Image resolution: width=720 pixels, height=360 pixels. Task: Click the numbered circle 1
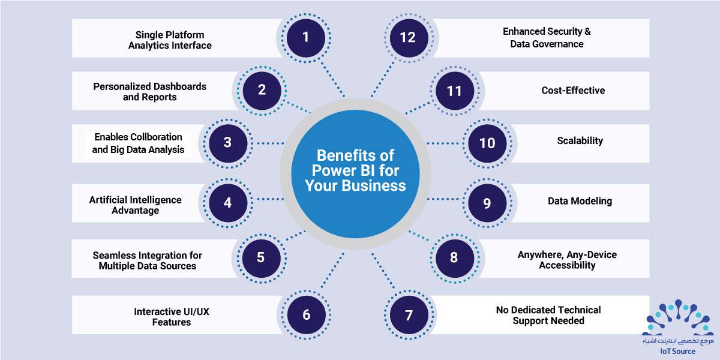pyautogui.click(x=305, y=38)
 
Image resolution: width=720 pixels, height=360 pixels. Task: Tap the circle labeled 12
pyautogui.click(x=409, y=38)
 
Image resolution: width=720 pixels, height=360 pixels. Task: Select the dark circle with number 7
pyautogui.click(x=409, y=315)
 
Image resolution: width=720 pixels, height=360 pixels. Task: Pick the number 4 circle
pyautogui.click(x=228, y=203)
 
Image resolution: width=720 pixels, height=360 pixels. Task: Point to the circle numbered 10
pyautogui.click(x=487, y=143)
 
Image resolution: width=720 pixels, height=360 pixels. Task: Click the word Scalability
pyautogui.click(x=580, y=141)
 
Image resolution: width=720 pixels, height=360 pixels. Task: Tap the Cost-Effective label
pyautogui.click(x=573, y=91)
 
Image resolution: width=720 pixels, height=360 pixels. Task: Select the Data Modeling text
pyautogui.click(x=580, y=201)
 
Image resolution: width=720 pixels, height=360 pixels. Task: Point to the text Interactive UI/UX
pyautogui.click(x=172, y=311)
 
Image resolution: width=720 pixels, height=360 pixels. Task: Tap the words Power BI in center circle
pyautogui.click(x=355, y=170)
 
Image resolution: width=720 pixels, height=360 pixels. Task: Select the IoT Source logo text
pyautogui.click(x=678, y=352)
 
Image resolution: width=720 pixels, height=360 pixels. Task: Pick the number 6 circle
pyautogui.click(x=307, y=315)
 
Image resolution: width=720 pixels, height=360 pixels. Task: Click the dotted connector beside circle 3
pyautogui.click(x=270, y=143)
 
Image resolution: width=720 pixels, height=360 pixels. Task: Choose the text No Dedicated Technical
pyautogui.click(x=548, y=310)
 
